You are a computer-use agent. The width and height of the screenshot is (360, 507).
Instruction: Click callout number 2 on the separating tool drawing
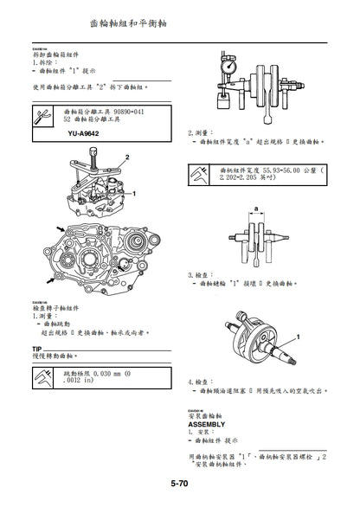127,156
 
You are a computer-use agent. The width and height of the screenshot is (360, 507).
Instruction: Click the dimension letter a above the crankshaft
257,208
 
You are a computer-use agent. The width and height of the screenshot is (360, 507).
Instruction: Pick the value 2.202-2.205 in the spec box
244,180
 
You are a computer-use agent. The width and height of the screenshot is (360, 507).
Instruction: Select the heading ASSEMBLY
206,425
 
